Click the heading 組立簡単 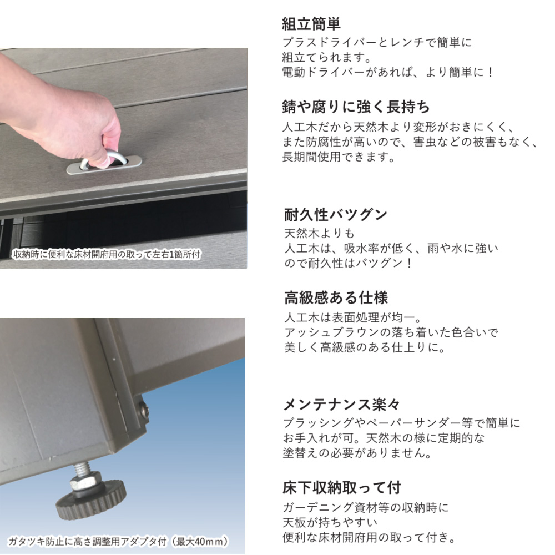(311, 24)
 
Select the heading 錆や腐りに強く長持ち (356, 107)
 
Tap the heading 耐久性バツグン (336, 214)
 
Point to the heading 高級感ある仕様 (336, 297)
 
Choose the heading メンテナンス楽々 (341, 405)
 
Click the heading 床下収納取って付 (341, 488)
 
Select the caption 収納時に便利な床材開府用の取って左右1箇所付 (106, 255)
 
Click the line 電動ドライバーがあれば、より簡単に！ (387, 72)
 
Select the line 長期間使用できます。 (339, 157)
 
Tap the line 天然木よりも (319, 233)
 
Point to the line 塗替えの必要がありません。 (357, 453)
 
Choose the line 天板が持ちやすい (330, 522)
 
